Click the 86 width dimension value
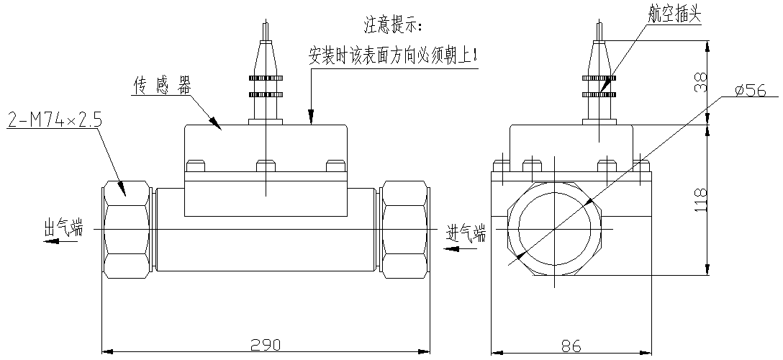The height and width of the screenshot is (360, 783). (571, 345)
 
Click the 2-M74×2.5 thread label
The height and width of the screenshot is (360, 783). (55, 120)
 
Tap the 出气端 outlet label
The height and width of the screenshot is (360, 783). (63, 230)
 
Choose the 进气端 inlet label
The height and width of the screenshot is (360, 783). (466, 233)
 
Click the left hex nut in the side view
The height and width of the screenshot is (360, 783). (127, 230)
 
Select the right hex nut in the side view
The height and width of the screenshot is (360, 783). (404, 230)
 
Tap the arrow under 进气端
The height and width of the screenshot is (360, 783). (456, 248)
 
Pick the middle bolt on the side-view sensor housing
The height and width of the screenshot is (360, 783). (266, 166)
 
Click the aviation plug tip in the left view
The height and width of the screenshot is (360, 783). (266, 33)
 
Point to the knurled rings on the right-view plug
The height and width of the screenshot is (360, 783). (599, 85)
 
